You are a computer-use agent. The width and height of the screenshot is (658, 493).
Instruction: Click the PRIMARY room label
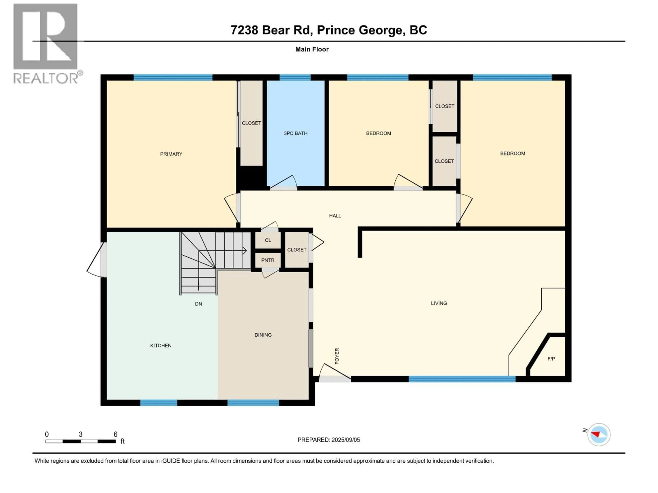pos(171,154)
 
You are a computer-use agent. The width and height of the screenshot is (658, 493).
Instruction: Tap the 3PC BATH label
pos(295,133)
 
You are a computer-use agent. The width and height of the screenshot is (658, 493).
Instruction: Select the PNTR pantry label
pos(268,260)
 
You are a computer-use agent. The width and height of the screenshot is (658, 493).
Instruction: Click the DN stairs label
pos(198,304)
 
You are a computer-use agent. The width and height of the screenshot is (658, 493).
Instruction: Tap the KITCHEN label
pos(161,345)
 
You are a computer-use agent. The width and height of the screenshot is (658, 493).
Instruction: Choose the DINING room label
pos(263,335)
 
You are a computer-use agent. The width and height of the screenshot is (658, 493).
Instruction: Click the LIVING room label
pos(439,303)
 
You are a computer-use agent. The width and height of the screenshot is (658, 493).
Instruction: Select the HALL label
pos(335,216)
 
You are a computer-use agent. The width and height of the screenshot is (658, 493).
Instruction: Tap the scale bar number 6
pos(115,434)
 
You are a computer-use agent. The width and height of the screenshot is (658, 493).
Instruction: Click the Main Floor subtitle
pos(312,49)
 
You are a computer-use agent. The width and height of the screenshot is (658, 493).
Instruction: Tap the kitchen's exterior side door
pos(103,260)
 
